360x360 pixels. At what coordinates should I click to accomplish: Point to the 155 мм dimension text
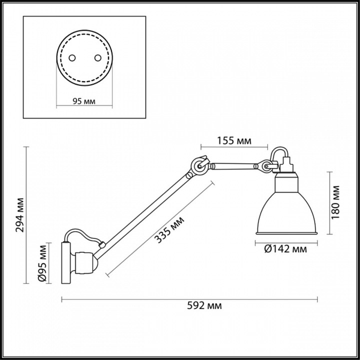point(233,141)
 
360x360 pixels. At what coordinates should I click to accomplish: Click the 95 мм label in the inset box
point(84,100)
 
